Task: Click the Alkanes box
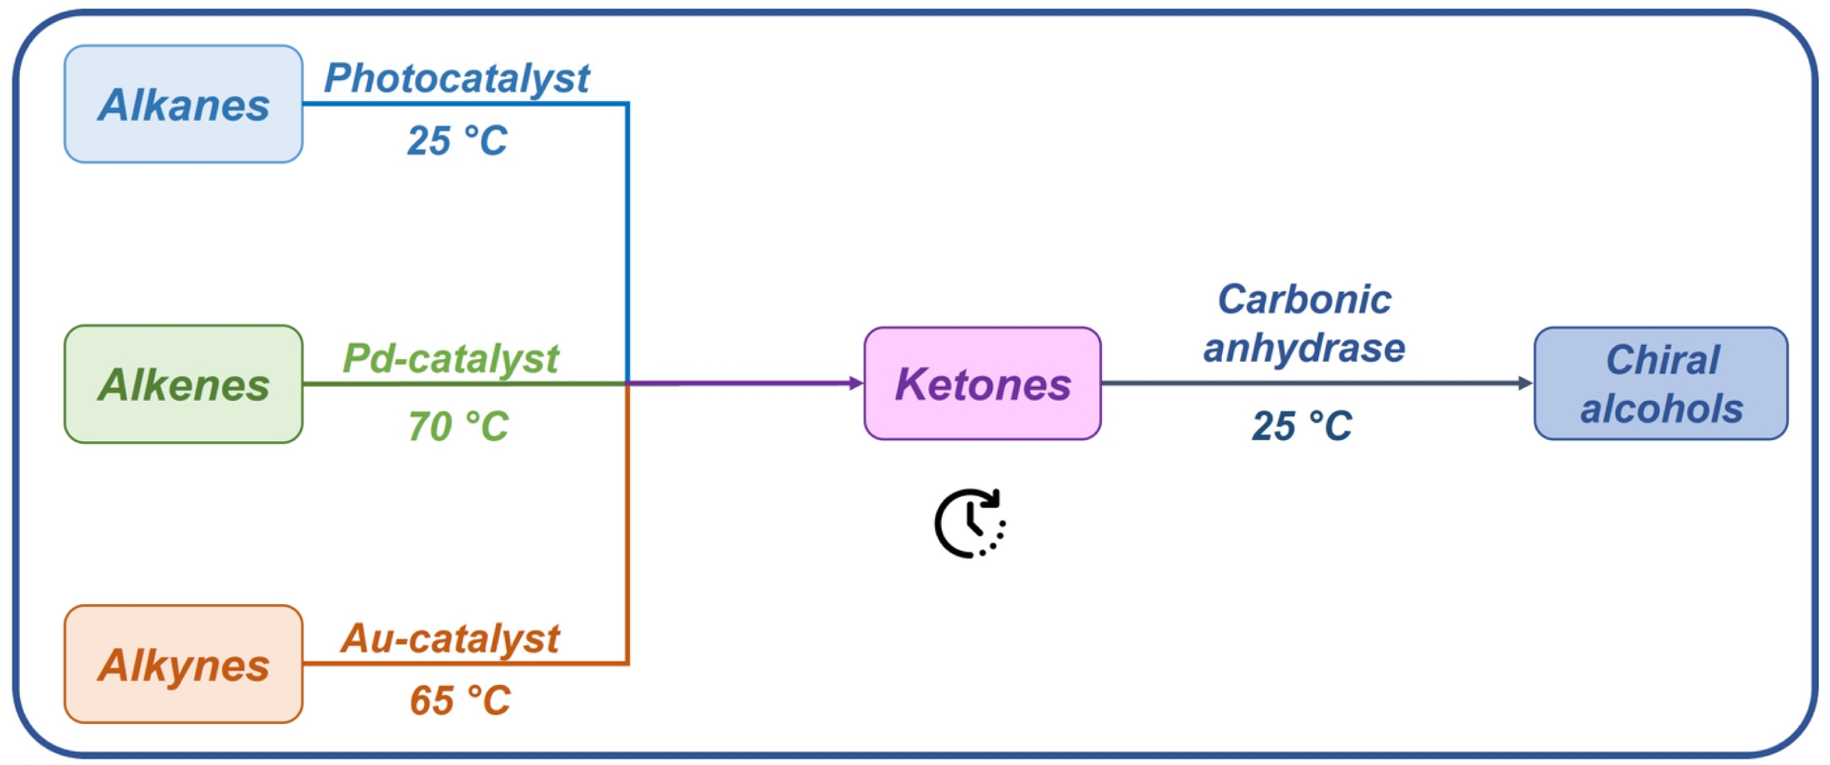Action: click(183, 104)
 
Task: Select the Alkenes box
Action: click(183, 384)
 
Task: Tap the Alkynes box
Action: click(183, 664)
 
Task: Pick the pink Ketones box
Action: click(983, 383)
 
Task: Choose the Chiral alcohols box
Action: click(1661, 383)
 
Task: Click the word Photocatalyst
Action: click(457, 78)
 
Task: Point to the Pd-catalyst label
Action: click(450, 358)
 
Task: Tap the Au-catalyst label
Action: click(450, 638)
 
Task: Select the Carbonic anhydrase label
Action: click(1304, 323)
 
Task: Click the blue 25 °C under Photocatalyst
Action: click(457, 141)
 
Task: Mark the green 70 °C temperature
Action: click(457, 426)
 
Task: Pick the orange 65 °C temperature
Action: click(459, 700)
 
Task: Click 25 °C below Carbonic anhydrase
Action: click(1302, 426)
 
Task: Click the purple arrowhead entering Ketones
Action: click(856, 383)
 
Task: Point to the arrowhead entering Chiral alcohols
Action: click(1525, 383)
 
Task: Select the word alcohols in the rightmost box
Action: click(1661, 409)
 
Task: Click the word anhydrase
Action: click(1304, 348)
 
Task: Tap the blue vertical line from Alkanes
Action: click(627, 238)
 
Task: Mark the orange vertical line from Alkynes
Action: click(627, 524)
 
